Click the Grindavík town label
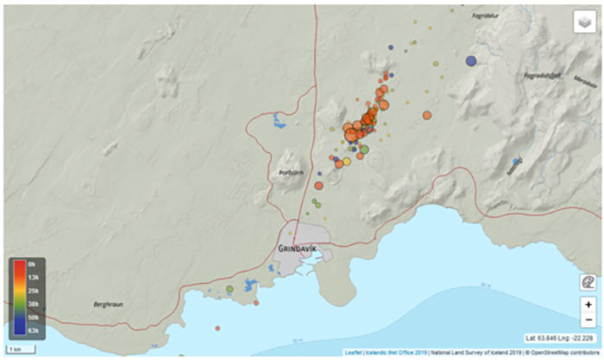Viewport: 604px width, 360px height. pos(298,249)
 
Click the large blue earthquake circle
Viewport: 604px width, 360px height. pos(471,60)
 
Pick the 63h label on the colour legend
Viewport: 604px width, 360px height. pos(30,331)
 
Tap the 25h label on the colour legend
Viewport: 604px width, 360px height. pos(30,290)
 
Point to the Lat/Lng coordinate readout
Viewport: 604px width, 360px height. pos(559,338)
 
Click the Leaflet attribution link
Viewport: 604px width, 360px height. pos(354,352)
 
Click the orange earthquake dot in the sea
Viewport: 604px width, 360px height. pos(217,328)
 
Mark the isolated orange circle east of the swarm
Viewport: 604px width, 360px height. pos(426,115)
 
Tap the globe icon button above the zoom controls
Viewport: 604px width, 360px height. pos(587,282)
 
